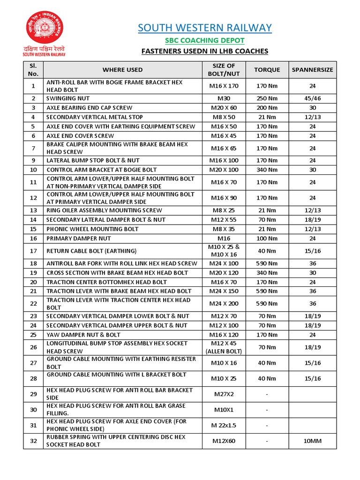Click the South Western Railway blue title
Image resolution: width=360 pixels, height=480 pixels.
[x=205, y=28]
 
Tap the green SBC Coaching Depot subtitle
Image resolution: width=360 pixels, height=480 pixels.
[x=205, y=41]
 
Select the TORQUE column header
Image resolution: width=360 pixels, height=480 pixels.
[x=267, y=70]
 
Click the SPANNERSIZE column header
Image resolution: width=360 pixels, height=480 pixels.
[x=312, y=70]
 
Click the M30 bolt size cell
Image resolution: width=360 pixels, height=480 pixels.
[x=224, y=98]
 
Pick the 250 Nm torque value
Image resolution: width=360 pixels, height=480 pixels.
[x=267, y=98]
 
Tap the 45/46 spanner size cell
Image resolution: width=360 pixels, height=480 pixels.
[x=312, y=98]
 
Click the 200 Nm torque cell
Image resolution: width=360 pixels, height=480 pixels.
[x=267, y=108]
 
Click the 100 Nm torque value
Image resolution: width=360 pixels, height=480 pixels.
[x=267, y=239]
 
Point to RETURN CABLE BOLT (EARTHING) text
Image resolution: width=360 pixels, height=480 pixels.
[x=91, y=251]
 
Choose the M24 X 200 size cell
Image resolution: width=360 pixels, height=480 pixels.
[x=224, y=304]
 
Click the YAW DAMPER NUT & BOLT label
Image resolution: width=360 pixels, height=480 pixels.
[x=83, y=335]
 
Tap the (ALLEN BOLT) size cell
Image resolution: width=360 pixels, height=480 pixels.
[x=224, y=351]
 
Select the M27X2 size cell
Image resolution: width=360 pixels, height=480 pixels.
[x=224, y=394]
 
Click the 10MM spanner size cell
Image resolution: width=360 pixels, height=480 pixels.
[x=312, y=441]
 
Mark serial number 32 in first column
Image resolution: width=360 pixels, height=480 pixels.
[x=33, y=441]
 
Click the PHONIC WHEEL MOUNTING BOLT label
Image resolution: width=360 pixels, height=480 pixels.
[x=92, y=229]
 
